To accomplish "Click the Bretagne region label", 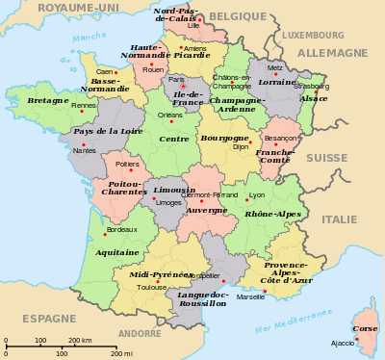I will [47, 99].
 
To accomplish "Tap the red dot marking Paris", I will [183, 87].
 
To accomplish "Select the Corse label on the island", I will [366, 328].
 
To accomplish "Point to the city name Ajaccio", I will [343, 343].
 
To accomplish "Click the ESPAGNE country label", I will [49, 318].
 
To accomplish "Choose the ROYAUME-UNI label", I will [78, 8].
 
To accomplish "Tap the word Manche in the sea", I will [90, 37].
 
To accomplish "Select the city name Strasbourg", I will [313, 86].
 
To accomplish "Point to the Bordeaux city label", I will [122, 229].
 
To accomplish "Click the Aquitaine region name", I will [116, 252].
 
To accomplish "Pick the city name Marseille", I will [250, 296].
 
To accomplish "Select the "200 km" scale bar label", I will [80, 340].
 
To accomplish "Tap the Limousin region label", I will [174, 190].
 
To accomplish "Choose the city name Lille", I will [193, 26].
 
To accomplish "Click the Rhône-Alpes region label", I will [272, 214].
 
